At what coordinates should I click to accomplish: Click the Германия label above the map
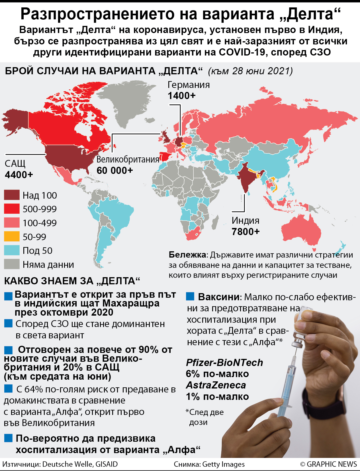click(189, 85)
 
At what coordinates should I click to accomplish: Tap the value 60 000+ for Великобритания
click(115, 170)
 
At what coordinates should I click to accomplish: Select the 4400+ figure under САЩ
click(19, 175)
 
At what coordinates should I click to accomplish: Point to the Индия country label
click(245, 221)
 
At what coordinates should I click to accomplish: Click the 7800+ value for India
click(246, 232)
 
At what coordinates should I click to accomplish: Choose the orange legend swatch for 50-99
click(12, 236)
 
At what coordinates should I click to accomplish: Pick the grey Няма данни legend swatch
click(12, 264)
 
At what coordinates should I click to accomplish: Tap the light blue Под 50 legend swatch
click(12, 250)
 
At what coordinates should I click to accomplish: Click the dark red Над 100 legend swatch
click(12, 195)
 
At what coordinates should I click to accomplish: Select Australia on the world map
click(302, 231)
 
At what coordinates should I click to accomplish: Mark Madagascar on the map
click(215, 222)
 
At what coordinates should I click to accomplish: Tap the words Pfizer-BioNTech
click(224, 363)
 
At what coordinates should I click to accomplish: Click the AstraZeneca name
click(216, 385)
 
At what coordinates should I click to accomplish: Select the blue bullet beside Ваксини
click(190, 297)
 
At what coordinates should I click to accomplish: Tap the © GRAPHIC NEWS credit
click(328, 464)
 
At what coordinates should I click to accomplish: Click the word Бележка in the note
click(187, 255)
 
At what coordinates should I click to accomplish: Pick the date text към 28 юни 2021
click(251, 71)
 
